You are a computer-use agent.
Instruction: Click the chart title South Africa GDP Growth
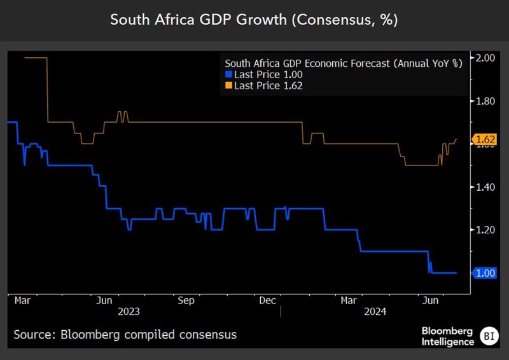254,20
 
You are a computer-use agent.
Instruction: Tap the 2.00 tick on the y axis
485,58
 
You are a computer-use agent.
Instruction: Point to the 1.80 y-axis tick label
485,100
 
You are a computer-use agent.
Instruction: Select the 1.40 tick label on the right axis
485,187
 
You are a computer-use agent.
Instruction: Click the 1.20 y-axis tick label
485,230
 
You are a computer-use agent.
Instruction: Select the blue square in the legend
229,74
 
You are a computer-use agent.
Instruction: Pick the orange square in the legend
229,85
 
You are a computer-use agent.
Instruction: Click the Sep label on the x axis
186,300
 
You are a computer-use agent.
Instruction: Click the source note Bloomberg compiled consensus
125,334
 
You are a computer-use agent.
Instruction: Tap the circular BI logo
488,335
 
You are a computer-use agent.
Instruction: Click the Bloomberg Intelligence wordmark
447,336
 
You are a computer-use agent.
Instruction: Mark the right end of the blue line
456,273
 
